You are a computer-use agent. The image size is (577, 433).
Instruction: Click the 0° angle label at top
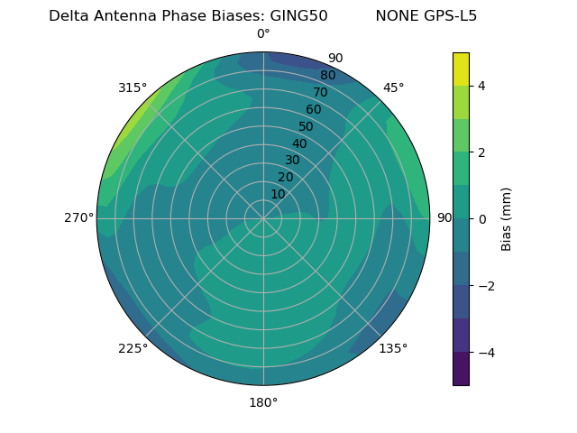tap(263, 34)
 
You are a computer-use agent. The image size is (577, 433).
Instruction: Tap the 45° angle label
tap(393, 88)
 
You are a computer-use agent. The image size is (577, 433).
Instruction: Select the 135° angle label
tap(393, 348)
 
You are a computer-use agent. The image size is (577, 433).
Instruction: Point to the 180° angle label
tap(263, 402)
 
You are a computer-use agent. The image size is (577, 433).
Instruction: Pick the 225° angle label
tap(133, 348)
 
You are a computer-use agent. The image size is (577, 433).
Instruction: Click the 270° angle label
tap(79, 218)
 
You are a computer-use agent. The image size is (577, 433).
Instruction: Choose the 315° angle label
tap(133, 88)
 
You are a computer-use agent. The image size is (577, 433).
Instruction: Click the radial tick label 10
tap(278, 194)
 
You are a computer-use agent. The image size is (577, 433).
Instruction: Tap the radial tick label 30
tap(292, 160)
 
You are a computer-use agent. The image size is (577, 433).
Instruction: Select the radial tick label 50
tap(307, 126)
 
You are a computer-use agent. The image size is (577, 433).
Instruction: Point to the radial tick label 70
tap(320, 92)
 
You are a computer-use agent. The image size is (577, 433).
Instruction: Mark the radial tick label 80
tap(327, 75)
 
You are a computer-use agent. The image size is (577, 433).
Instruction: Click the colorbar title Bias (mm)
tap(507, 219)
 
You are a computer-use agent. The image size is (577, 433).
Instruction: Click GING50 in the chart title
tap(298, 16)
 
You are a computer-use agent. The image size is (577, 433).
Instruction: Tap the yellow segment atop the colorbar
tap(461, 69)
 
